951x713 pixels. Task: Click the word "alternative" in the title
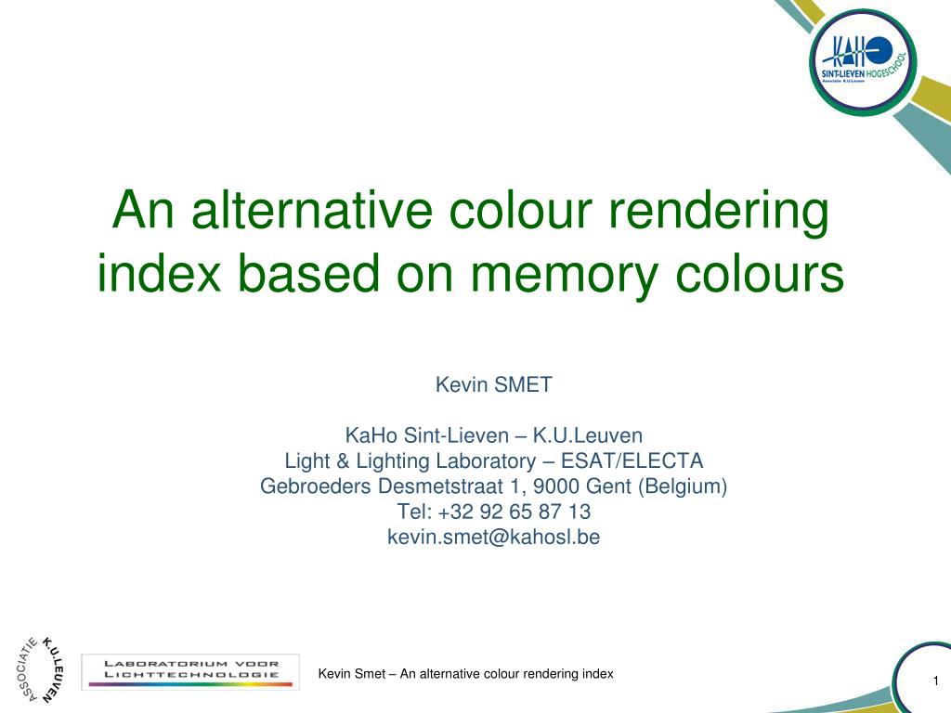(312, 210)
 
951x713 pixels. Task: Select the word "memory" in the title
(564, 276)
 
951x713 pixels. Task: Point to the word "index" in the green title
(159, 272)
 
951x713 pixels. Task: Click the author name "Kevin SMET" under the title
(494, 384)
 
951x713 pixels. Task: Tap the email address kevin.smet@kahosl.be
(494, 538)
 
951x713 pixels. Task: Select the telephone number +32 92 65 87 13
(514, 512)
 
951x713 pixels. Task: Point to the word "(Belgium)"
(683, 486)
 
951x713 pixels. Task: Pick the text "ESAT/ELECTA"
(632, 460)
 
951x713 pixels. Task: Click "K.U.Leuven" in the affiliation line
(588, 435)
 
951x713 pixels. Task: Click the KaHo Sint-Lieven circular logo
(863, 62)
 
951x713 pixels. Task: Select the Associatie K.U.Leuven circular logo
(41, 670)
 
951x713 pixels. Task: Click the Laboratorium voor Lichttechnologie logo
(190, 672)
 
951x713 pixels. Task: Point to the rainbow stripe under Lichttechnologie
(190, 684)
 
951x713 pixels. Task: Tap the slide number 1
(936, 681)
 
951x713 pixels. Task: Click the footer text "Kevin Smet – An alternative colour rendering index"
(466, 674)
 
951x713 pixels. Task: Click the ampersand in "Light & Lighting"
(343, 461)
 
